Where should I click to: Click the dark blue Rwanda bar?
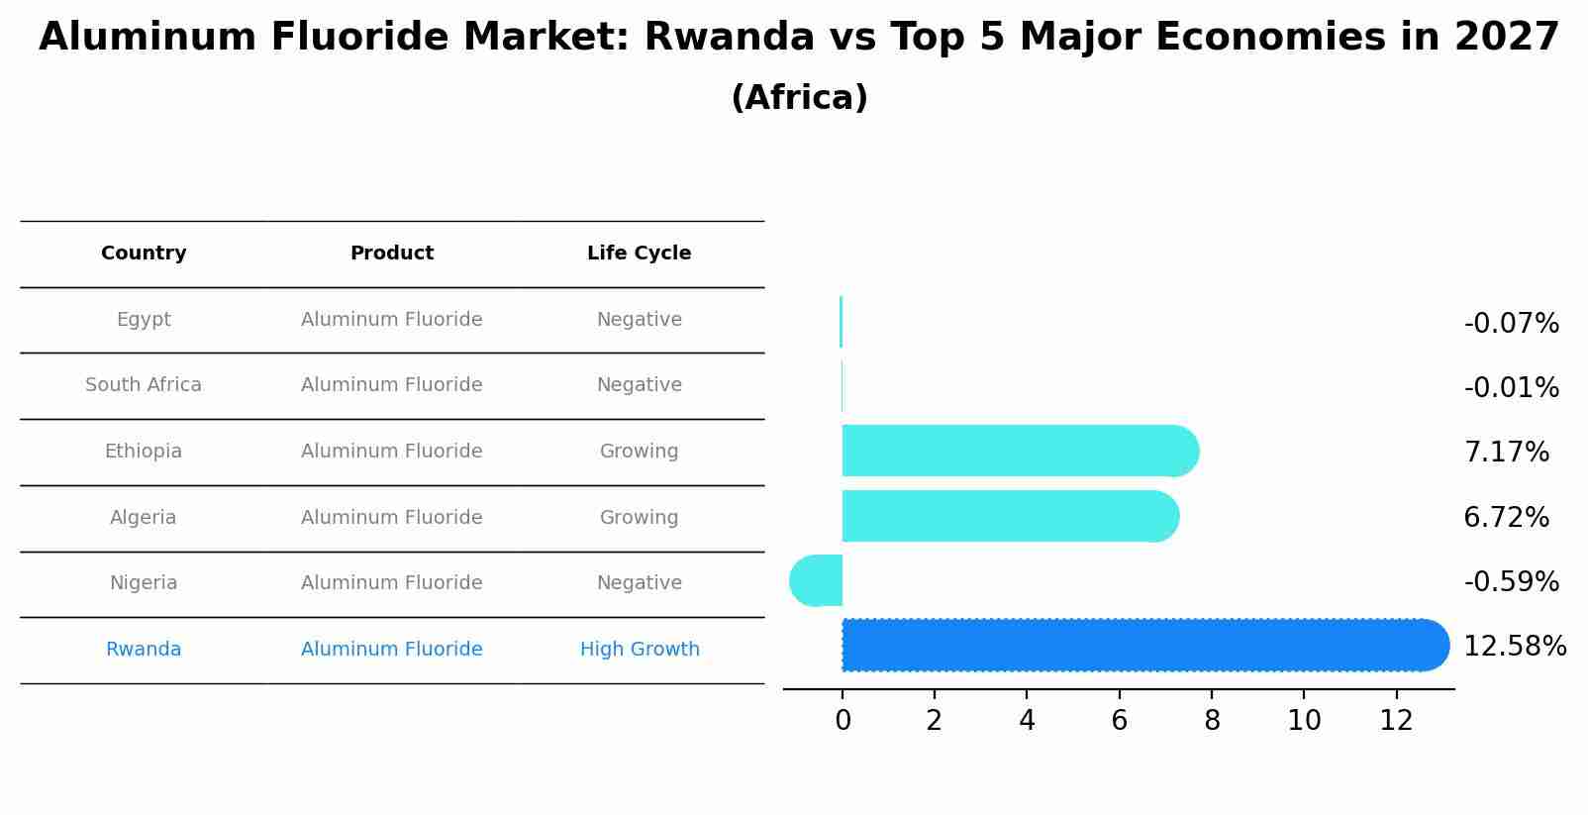coord(1139,646)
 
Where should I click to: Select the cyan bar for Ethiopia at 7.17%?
coord(1015,451)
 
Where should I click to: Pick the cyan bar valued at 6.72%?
coord(1005,516)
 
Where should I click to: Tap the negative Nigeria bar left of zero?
coord(817,580)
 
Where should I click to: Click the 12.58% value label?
coord(1514,647)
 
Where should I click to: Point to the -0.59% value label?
coord(1511,582)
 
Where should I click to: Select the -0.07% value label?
coord(1511,324)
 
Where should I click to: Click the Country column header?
coord(144,254)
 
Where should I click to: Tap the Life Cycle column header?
coord(639,254)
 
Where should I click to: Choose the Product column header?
coord(392,254)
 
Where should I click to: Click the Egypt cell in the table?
coord(144,320)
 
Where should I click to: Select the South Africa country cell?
coord(144,385)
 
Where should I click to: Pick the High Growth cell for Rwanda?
coord(640,650)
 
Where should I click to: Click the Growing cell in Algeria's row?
coord(639,518)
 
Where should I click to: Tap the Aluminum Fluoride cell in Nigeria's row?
coord(392,583)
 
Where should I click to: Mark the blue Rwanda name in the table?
coord(144,650)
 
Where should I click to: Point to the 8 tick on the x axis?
coord(1212,721)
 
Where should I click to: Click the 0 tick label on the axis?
coord(843,721)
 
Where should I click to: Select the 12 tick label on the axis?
coord(1396,721)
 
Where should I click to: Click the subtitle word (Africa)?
coord(799,98)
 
